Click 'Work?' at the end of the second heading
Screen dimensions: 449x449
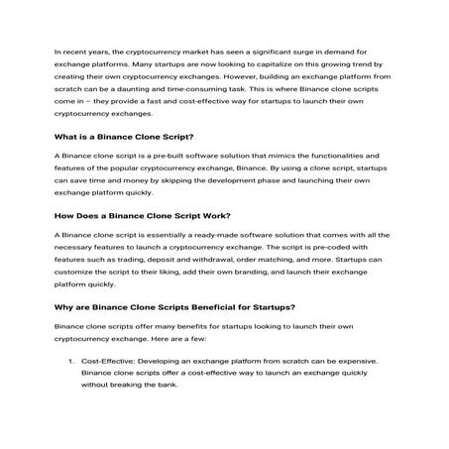click(x=210, y=215)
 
